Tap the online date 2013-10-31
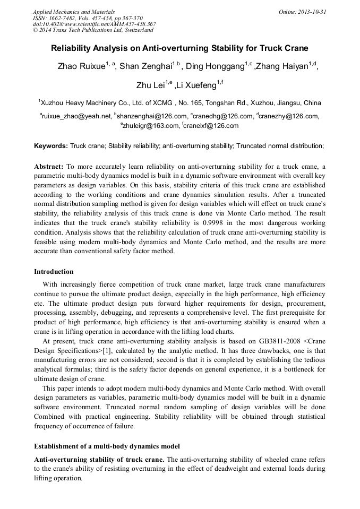pyautogui.click(x=313, y=11)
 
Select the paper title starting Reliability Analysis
pyautogui.click(x=179, y=48)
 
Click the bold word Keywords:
pyautogui.click(x=51, y=145)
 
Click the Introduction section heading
pyautogui.click(x=54, y=272)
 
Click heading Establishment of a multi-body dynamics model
pyautogui.click(x=107, y=445)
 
